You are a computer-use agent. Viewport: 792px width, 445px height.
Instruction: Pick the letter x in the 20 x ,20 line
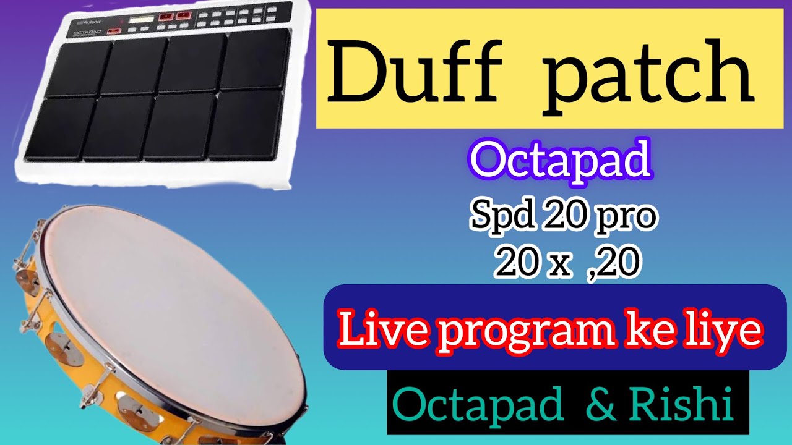(x=557, y=262)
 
